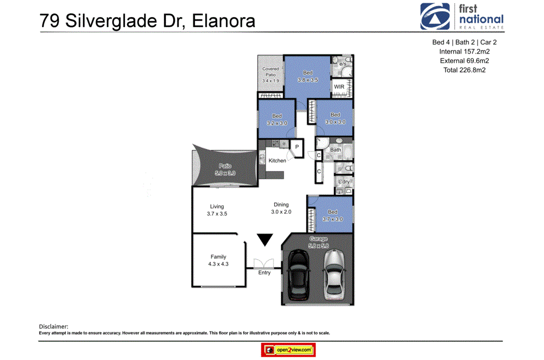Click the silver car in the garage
point(334,272)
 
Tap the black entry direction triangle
point(265,240)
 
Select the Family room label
point(218,260)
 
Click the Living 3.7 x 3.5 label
point(217,210)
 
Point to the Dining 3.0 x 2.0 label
point(281,208)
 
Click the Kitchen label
point(277,160)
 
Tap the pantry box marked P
point(297,147)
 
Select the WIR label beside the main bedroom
point(339,87)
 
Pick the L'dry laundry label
point(344,182)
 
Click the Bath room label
point(336,150)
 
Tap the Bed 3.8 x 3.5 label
point(308,76)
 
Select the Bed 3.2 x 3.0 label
point(277,119)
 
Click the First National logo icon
point(435,16)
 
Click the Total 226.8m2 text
point(464,70)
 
